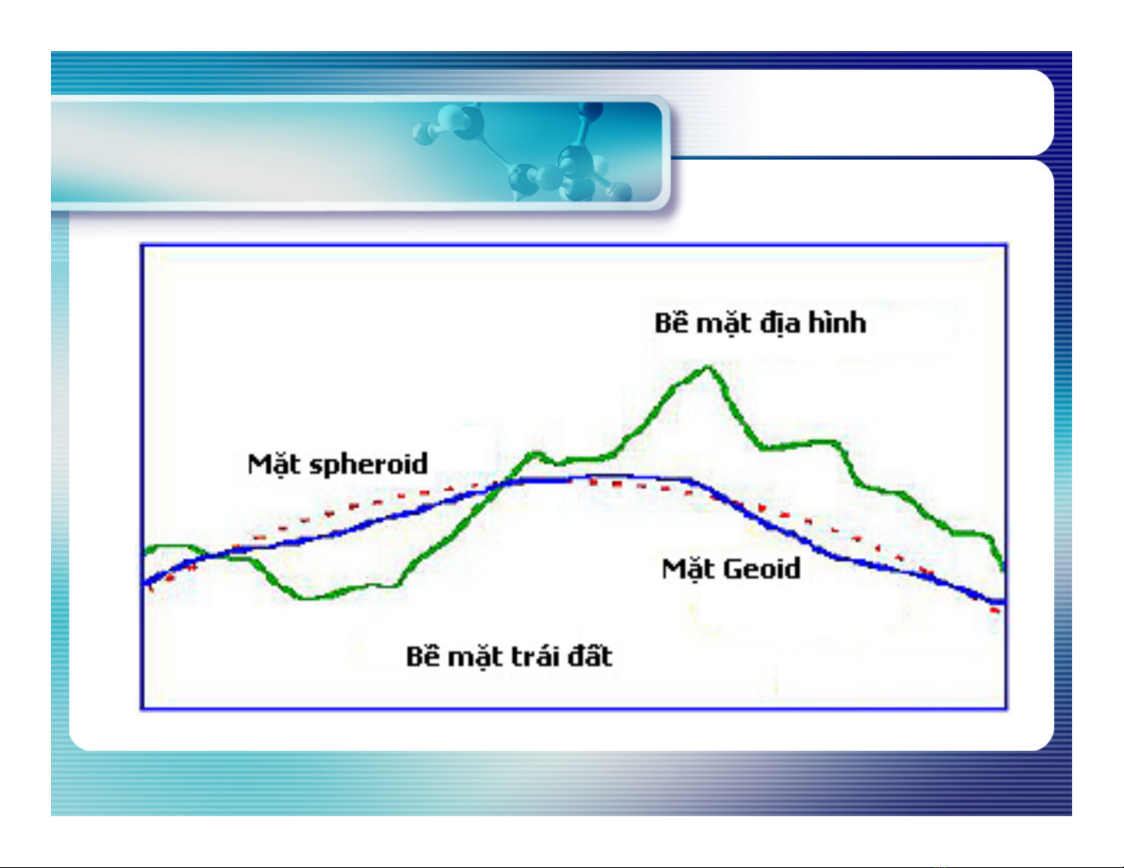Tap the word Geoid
(x=762, y=568)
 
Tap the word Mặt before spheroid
(x=274, y=465)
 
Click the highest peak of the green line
(x=708, y=368)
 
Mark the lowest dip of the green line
(x=305, y=597)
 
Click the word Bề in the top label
(x=672, y=322)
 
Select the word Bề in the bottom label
(x=423, y=655)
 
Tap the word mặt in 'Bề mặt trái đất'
(x=476, y=658)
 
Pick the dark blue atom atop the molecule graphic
(x=590, y=110)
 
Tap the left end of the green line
(x=145, y=551)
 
